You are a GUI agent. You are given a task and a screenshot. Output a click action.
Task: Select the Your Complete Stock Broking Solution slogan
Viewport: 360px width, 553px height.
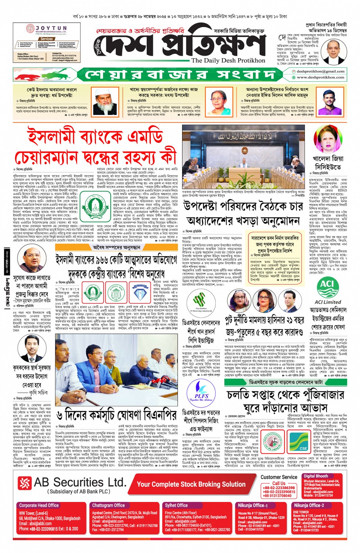point(191,484)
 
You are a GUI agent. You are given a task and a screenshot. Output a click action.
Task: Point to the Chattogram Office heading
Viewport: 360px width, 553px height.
point(108,505)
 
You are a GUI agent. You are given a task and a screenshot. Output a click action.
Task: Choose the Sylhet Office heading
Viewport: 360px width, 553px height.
point(176,505)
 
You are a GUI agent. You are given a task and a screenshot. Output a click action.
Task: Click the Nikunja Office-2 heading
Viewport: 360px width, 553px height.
point(309,505)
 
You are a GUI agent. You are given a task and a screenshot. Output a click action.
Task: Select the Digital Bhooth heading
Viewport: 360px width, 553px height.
point(315,476)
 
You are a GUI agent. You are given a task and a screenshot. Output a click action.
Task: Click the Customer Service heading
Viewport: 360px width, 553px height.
point(279,477)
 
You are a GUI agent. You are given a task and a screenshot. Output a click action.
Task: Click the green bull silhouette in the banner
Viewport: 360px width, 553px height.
point(60,74)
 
